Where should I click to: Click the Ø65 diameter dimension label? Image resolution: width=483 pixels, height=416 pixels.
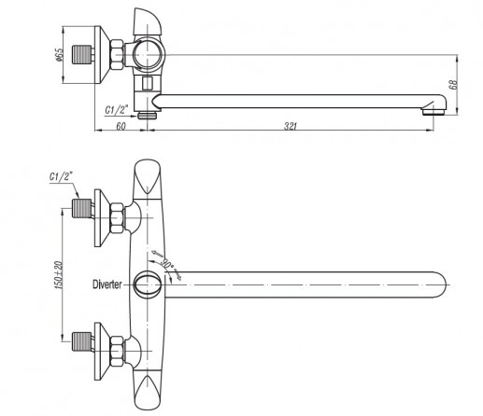(x=59, y=54)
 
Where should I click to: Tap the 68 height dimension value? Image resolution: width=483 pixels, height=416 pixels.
(x=454, y=85)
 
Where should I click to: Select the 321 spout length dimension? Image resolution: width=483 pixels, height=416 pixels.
(x=291, y=126)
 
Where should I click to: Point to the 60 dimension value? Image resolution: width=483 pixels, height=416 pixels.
(x=121, y=126)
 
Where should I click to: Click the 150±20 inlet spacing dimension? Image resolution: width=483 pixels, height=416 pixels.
(x=59, y=275)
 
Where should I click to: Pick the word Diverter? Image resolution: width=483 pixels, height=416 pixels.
(x=107, y=284)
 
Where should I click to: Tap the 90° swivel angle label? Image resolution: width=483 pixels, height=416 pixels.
(x=167, y=264)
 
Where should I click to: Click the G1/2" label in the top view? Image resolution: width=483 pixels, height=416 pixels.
(x=117, y=110)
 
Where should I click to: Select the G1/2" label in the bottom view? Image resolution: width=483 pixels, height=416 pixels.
(x=61, y=176)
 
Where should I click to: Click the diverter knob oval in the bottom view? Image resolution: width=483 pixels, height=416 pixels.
(x=148, y=284)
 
